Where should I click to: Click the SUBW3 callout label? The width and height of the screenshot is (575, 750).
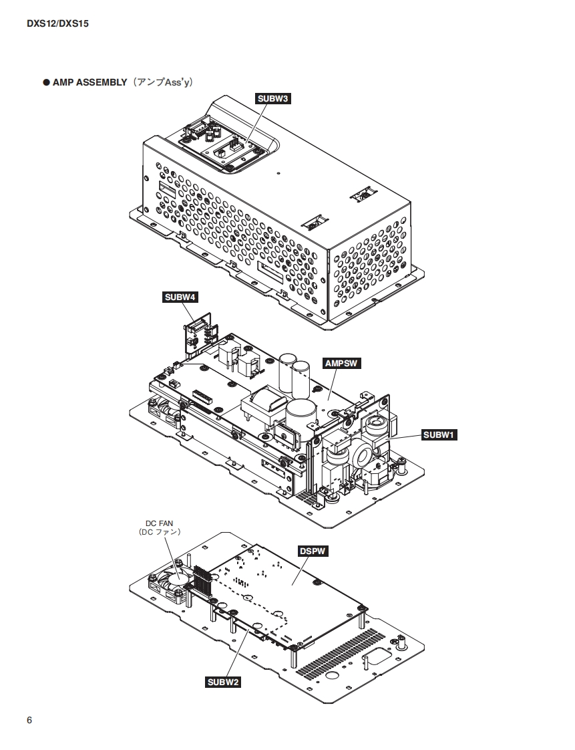pyautogui.click(x=273, y=98)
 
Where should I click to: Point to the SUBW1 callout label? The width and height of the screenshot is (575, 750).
pyautogui.click(x=439, y=435)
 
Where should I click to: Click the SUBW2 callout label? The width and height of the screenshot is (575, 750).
pyautogui.click(x=224, y=682)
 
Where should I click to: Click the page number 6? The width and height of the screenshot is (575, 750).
pyautogui.click(x=29, y=720)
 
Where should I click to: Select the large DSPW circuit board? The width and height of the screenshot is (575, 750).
pyautogui.click(x=294, y=588)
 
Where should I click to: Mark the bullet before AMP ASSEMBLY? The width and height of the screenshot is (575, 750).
pyautogui.click(x=47, y=83)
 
